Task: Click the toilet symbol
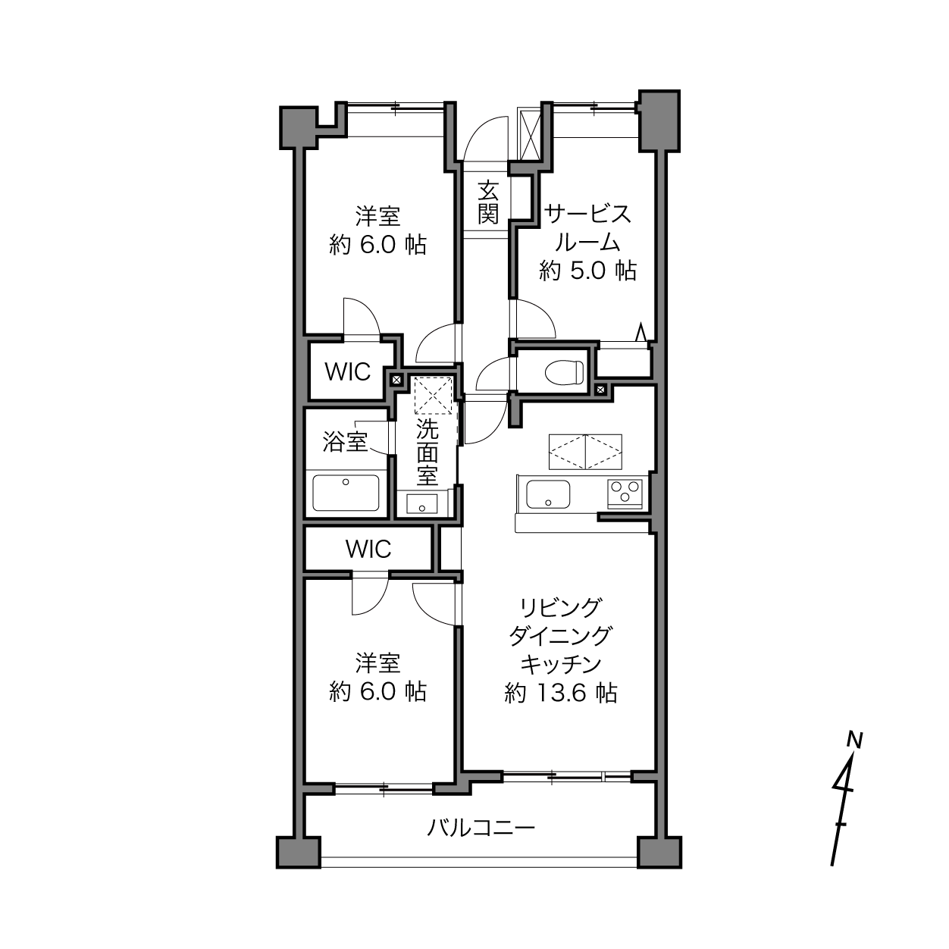[565, 372]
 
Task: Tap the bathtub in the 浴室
[346, 493]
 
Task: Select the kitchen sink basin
[548, 494]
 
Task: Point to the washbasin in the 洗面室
[421, 504]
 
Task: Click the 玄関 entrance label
[487, 203]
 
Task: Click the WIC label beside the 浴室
[347, 372]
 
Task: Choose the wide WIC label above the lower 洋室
[368, 549]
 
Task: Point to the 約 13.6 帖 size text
[560, 694]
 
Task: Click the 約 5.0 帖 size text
[588, 271]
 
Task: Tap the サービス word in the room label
[587, 215]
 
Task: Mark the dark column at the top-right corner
[659, 121]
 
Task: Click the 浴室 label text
[345, 441]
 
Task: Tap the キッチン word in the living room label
[561, 664]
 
